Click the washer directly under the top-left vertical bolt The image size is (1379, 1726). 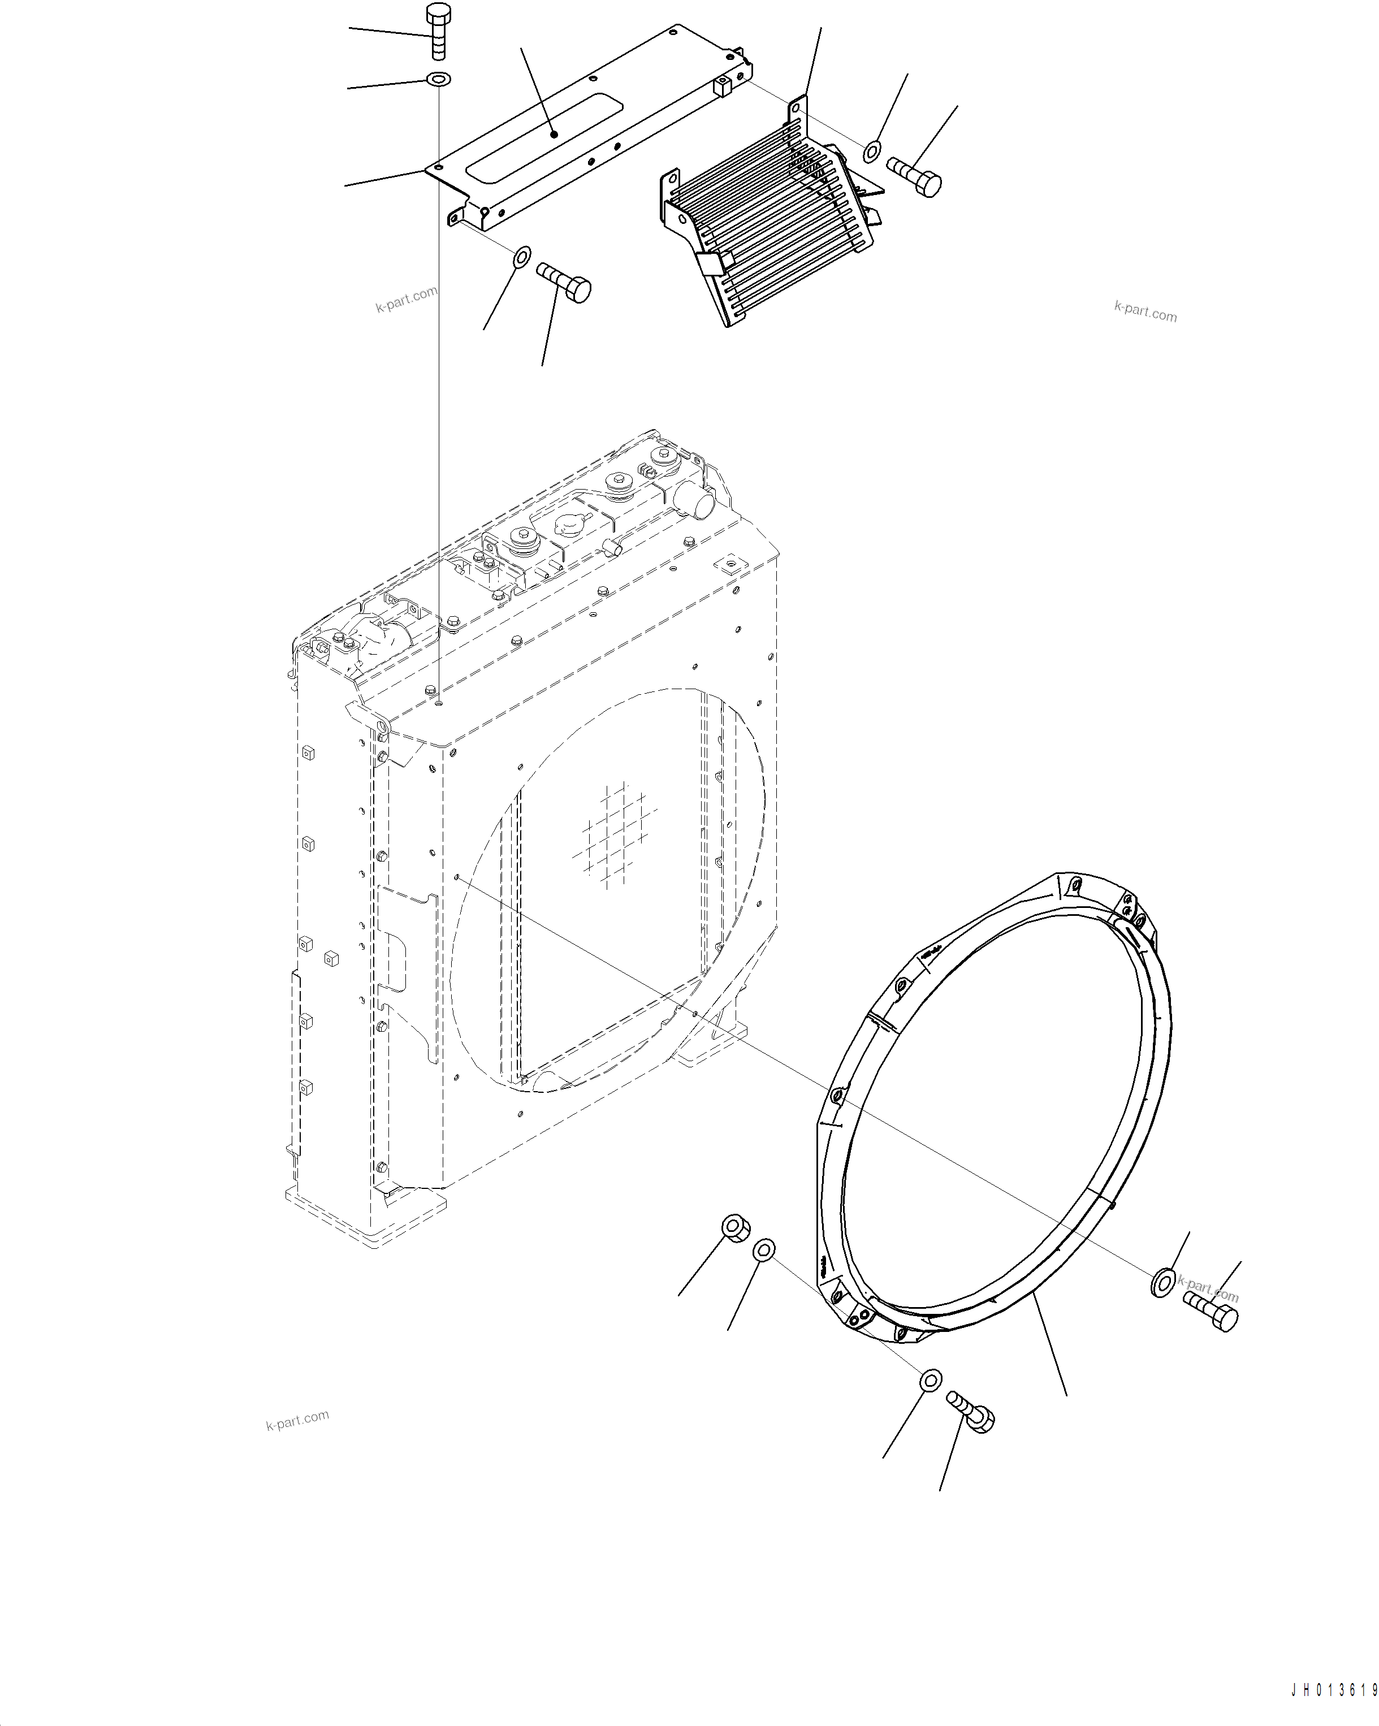point(439,79)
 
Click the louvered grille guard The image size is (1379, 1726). point(769,216)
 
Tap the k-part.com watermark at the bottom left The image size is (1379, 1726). point(297,1420)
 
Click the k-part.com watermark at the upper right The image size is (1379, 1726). point(1145,312)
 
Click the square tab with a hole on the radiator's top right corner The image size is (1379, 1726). point(729,564)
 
